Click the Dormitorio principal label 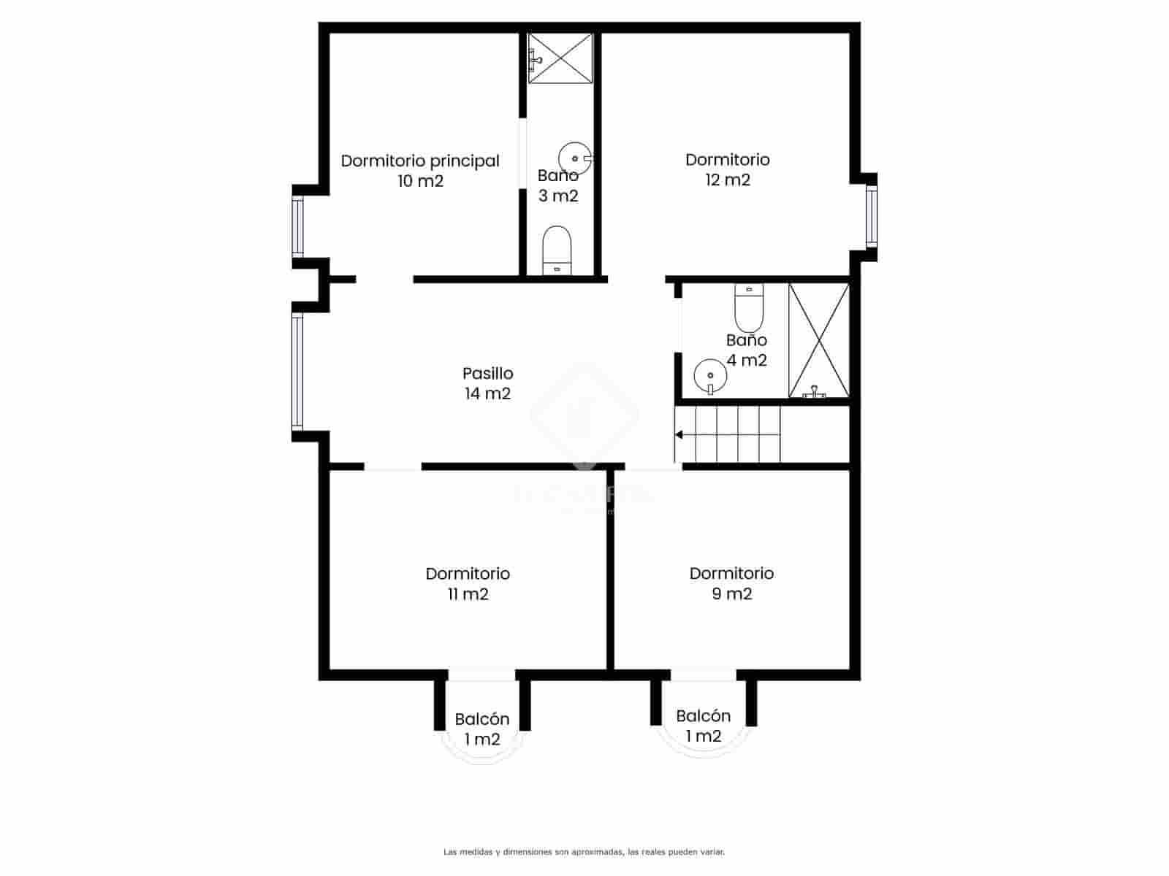[420, 161]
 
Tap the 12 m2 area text [727, 180]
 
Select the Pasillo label [487, 374]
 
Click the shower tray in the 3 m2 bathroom [560, 58]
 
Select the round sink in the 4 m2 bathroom [709, 375]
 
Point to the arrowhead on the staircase [679, 435]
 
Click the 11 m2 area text [468, 594]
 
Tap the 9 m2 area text [731, 594]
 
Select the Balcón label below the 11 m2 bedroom [481, 720]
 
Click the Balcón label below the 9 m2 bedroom [703, 716]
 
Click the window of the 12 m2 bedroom [871, 215]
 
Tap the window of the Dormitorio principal [297, 226]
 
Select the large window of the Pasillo [297, 371]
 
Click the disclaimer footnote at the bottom [584, 852]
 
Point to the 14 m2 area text [487, 394]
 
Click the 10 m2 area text [420, 181]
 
